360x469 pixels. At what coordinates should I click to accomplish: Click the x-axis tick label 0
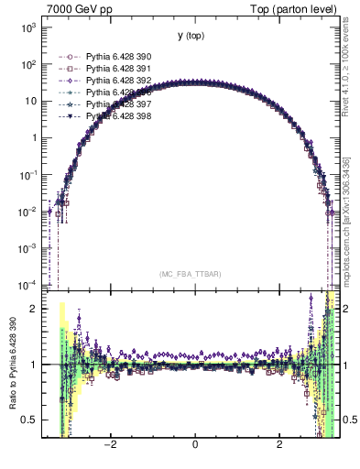pos(195,445)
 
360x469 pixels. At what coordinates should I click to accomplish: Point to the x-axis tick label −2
pos(109,445)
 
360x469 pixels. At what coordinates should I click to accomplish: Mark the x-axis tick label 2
pos(280,445)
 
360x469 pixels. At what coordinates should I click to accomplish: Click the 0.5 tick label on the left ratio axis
pos(31,420)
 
